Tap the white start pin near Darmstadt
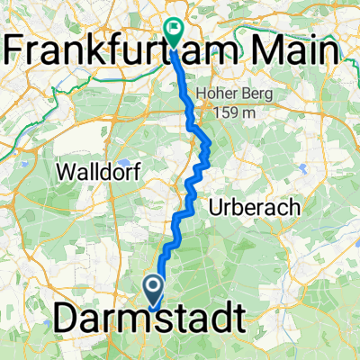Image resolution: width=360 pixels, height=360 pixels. coord(152,291)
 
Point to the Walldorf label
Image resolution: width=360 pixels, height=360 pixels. coord(96,170)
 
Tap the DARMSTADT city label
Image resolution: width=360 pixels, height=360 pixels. coord(148,318)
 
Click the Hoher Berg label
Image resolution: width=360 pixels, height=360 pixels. coord(247,93)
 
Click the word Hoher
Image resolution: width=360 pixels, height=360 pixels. coord(230,93)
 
